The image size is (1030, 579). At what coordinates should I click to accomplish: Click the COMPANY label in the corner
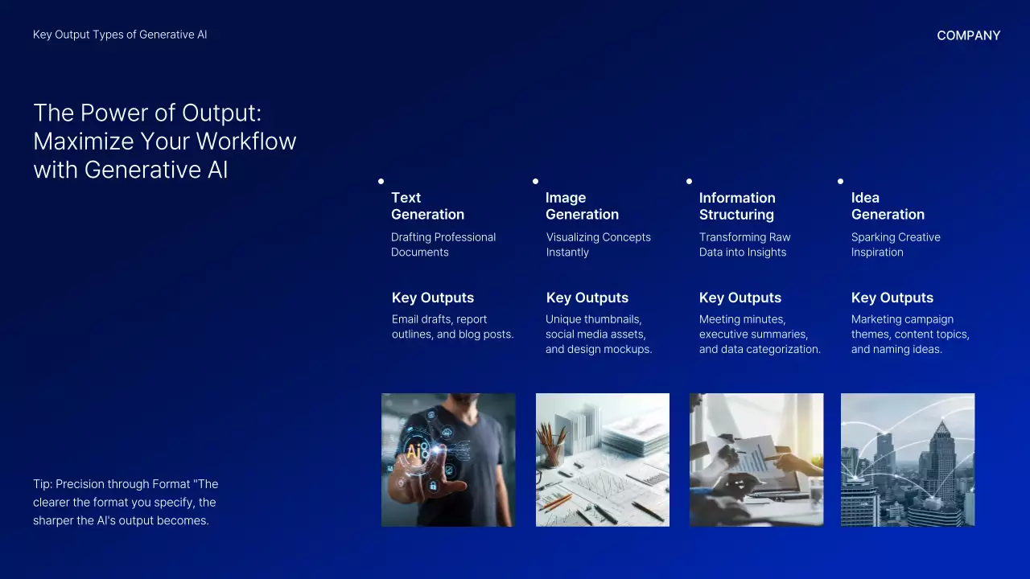click(968, 35)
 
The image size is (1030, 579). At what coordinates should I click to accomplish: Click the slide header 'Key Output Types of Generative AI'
click(120, 35)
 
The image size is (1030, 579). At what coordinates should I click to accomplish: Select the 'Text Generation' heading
click(427, 206)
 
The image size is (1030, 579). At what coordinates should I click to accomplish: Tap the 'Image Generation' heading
click(582, 206)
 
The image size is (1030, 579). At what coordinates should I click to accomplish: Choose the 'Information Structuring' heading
click(737, 206)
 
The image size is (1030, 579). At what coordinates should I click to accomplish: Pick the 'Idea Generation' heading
click(888, 206)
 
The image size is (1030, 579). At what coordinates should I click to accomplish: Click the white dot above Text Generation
click(381, 182)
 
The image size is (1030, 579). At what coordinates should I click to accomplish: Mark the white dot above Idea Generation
click(840, 182)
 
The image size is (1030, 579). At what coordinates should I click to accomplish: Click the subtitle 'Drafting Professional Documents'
click(443, 244)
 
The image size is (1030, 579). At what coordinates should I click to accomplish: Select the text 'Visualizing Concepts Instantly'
click(598, 244)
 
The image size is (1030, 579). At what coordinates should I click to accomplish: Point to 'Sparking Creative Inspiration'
click(896, 244)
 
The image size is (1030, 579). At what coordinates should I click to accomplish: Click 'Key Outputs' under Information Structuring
click(740, 298)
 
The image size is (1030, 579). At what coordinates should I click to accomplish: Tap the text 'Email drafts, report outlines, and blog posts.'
click(452, 326)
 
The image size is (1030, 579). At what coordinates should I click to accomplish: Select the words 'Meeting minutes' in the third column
click(742, 319)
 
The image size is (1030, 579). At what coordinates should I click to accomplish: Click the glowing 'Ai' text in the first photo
click(414, 452)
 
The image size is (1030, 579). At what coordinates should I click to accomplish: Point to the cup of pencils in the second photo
click(551, 442)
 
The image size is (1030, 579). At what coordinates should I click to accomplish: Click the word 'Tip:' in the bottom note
click(43, 484)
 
